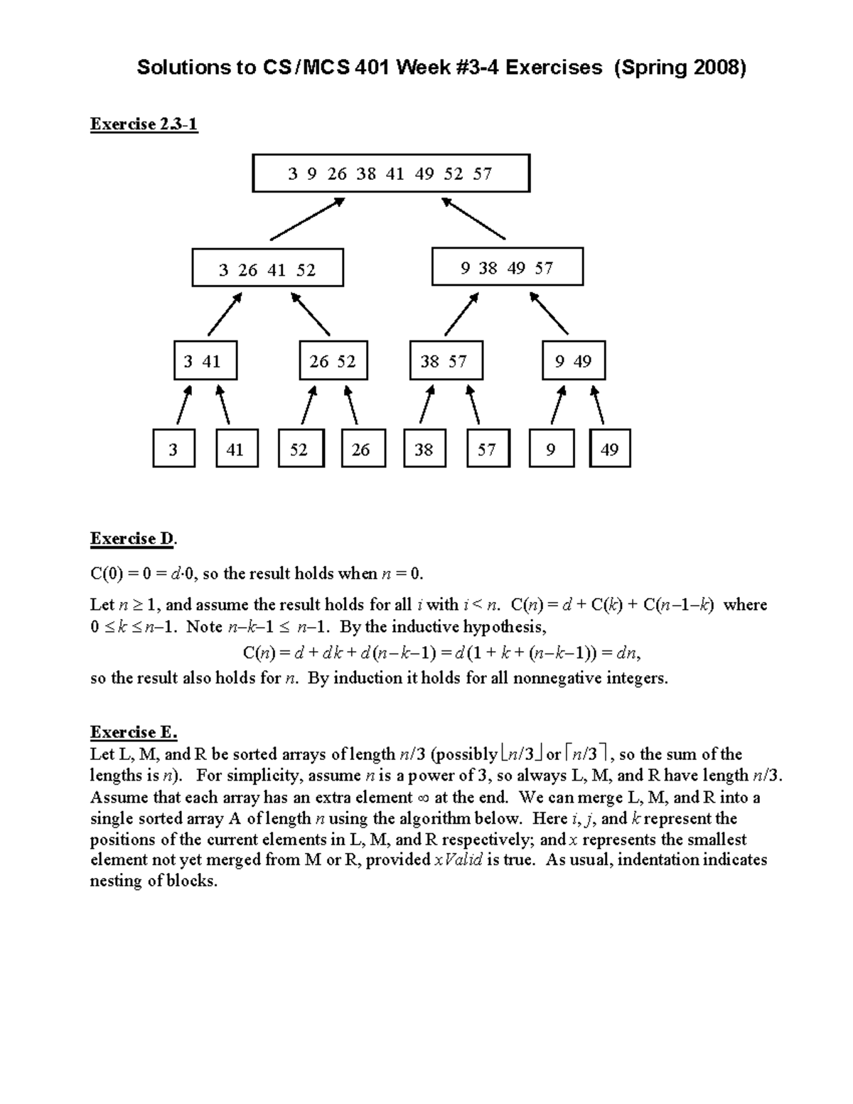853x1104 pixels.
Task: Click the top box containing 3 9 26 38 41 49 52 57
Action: click(x=391, y=173)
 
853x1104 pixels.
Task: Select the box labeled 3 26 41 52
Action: click(x=267, y=268)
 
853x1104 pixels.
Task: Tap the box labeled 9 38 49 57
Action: click(x=507, y=267)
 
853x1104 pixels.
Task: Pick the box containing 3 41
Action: click(x=205, y=361)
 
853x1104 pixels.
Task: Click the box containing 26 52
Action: click(x=333, y=361)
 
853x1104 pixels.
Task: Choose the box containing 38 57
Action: click(x=446, y=361)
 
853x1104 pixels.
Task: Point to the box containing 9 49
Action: click(x=574, y=361)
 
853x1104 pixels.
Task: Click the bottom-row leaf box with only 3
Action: click(x=173, y=449)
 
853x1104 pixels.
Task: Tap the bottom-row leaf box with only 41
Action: click(x=236, y=449)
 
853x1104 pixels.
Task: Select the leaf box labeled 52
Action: click(x=301, y=449)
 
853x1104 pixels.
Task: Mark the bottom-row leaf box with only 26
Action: click(x=363, y=449)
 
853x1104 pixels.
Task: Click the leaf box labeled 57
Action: click(x=488, y=449)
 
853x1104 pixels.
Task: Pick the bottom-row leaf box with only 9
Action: click(x=551, y=449)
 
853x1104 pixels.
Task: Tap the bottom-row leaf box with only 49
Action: click(x=610, y=449)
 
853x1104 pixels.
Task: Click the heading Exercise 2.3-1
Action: click(x=144, y=124)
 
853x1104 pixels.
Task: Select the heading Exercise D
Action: click(x=133, y=539)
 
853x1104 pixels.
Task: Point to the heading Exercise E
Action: click(x=133, y=732)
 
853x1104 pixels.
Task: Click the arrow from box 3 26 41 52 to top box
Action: click(x=307, y=219)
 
